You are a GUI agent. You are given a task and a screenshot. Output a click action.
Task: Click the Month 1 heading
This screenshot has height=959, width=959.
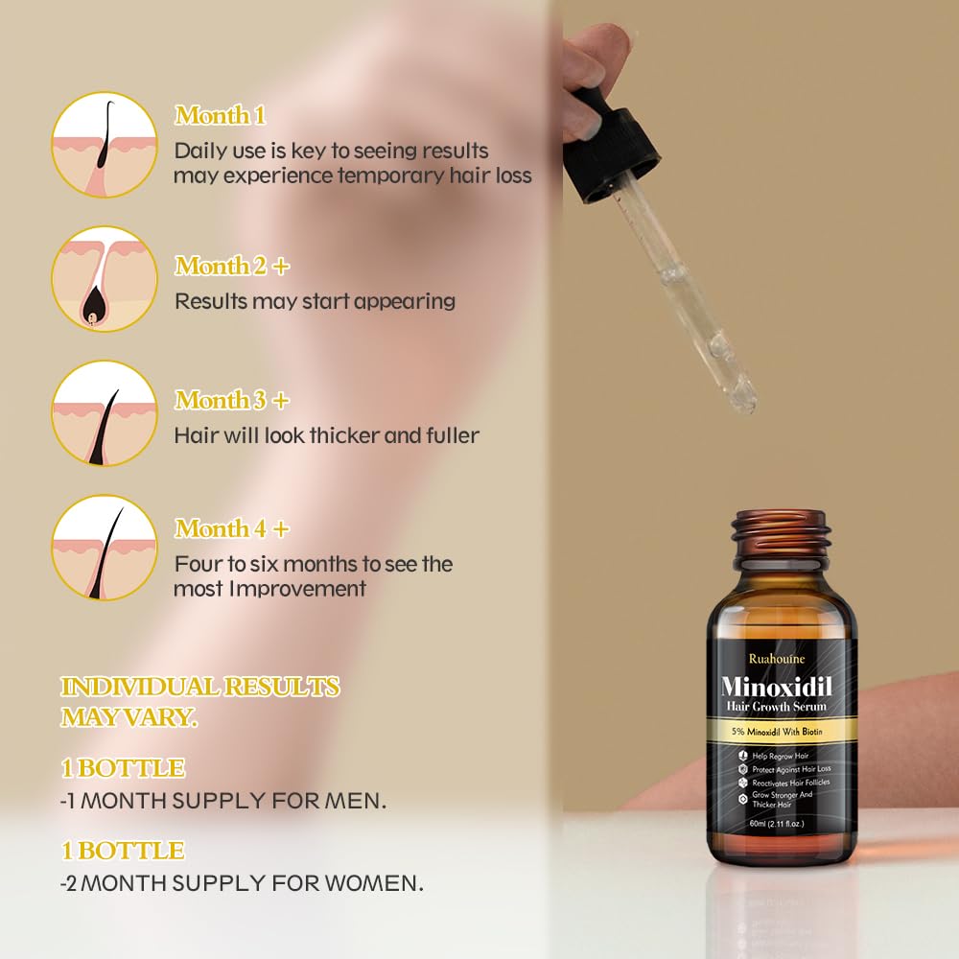(x=221, y=115)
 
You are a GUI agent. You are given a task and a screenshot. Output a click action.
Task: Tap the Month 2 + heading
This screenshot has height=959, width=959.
(x=232, y=266)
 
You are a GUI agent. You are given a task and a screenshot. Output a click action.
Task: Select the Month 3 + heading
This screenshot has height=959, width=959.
(x=232, y=400)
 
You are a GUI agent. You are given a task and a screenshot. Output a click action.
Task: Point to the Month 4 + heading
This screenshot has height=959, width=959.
(x=232, y=528)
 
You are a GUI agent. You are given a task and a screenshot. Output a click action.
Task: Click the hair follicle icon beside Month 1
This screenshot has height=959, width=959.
(x=105, y=145)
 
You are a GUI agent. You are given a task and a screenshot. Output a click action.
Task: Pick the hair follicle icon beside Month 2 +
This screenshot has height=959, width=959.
(x=105, y=279)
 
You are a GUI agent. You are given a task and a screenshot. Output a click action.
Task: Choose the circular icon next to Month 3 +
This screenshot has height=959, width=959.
(x=105, y=413)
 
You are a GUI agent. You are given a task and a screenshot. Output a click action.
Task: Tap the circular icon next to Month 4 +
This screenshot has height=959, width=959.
(x=105, y=548)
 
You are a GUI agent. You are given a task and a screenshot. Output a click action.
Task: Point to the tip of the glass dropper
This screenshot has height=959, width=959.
(x=752, y=409)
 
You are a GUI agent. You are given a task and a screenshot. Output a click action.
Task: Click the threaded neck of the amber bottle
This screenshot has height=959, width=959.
(x=781, y=533)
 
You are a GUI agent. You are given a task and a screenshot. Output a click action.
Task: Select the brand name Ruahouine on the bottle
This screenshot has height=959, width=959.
(x=777, y=659)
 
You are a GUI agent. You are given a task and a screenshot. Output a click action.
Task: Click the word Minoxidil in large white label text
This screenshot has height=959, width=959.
(x=777, y=687)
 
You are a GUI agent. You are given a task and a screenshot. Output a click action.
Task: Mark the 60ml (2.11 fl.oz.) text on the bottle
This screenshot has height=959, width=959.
(x=777, y=824)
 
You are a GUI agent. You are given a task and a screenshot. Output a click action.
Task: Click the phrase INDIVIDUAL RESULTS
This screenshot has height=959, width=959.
(x=200, y=687)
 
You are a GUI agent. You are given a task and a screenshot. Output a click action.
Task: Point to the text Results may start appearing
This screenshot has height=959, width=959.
(x=315, y=301)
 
